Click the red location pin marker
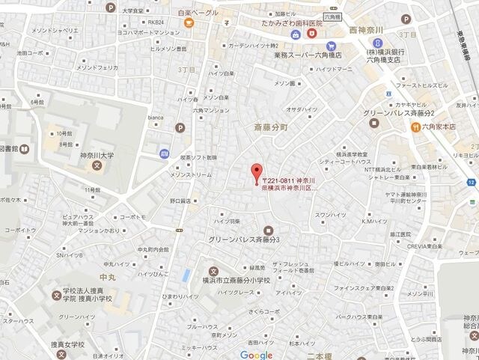[x=257, y=171]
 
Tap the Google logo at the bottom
[x=256, y=354]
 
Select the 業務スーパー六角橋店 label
[x=308, y=55]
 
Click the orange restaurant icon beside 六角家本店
[x=415, y=126]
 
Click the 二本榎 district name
[x=320, y=355]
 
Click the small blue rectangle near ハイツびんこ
[x=186, y=274]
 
